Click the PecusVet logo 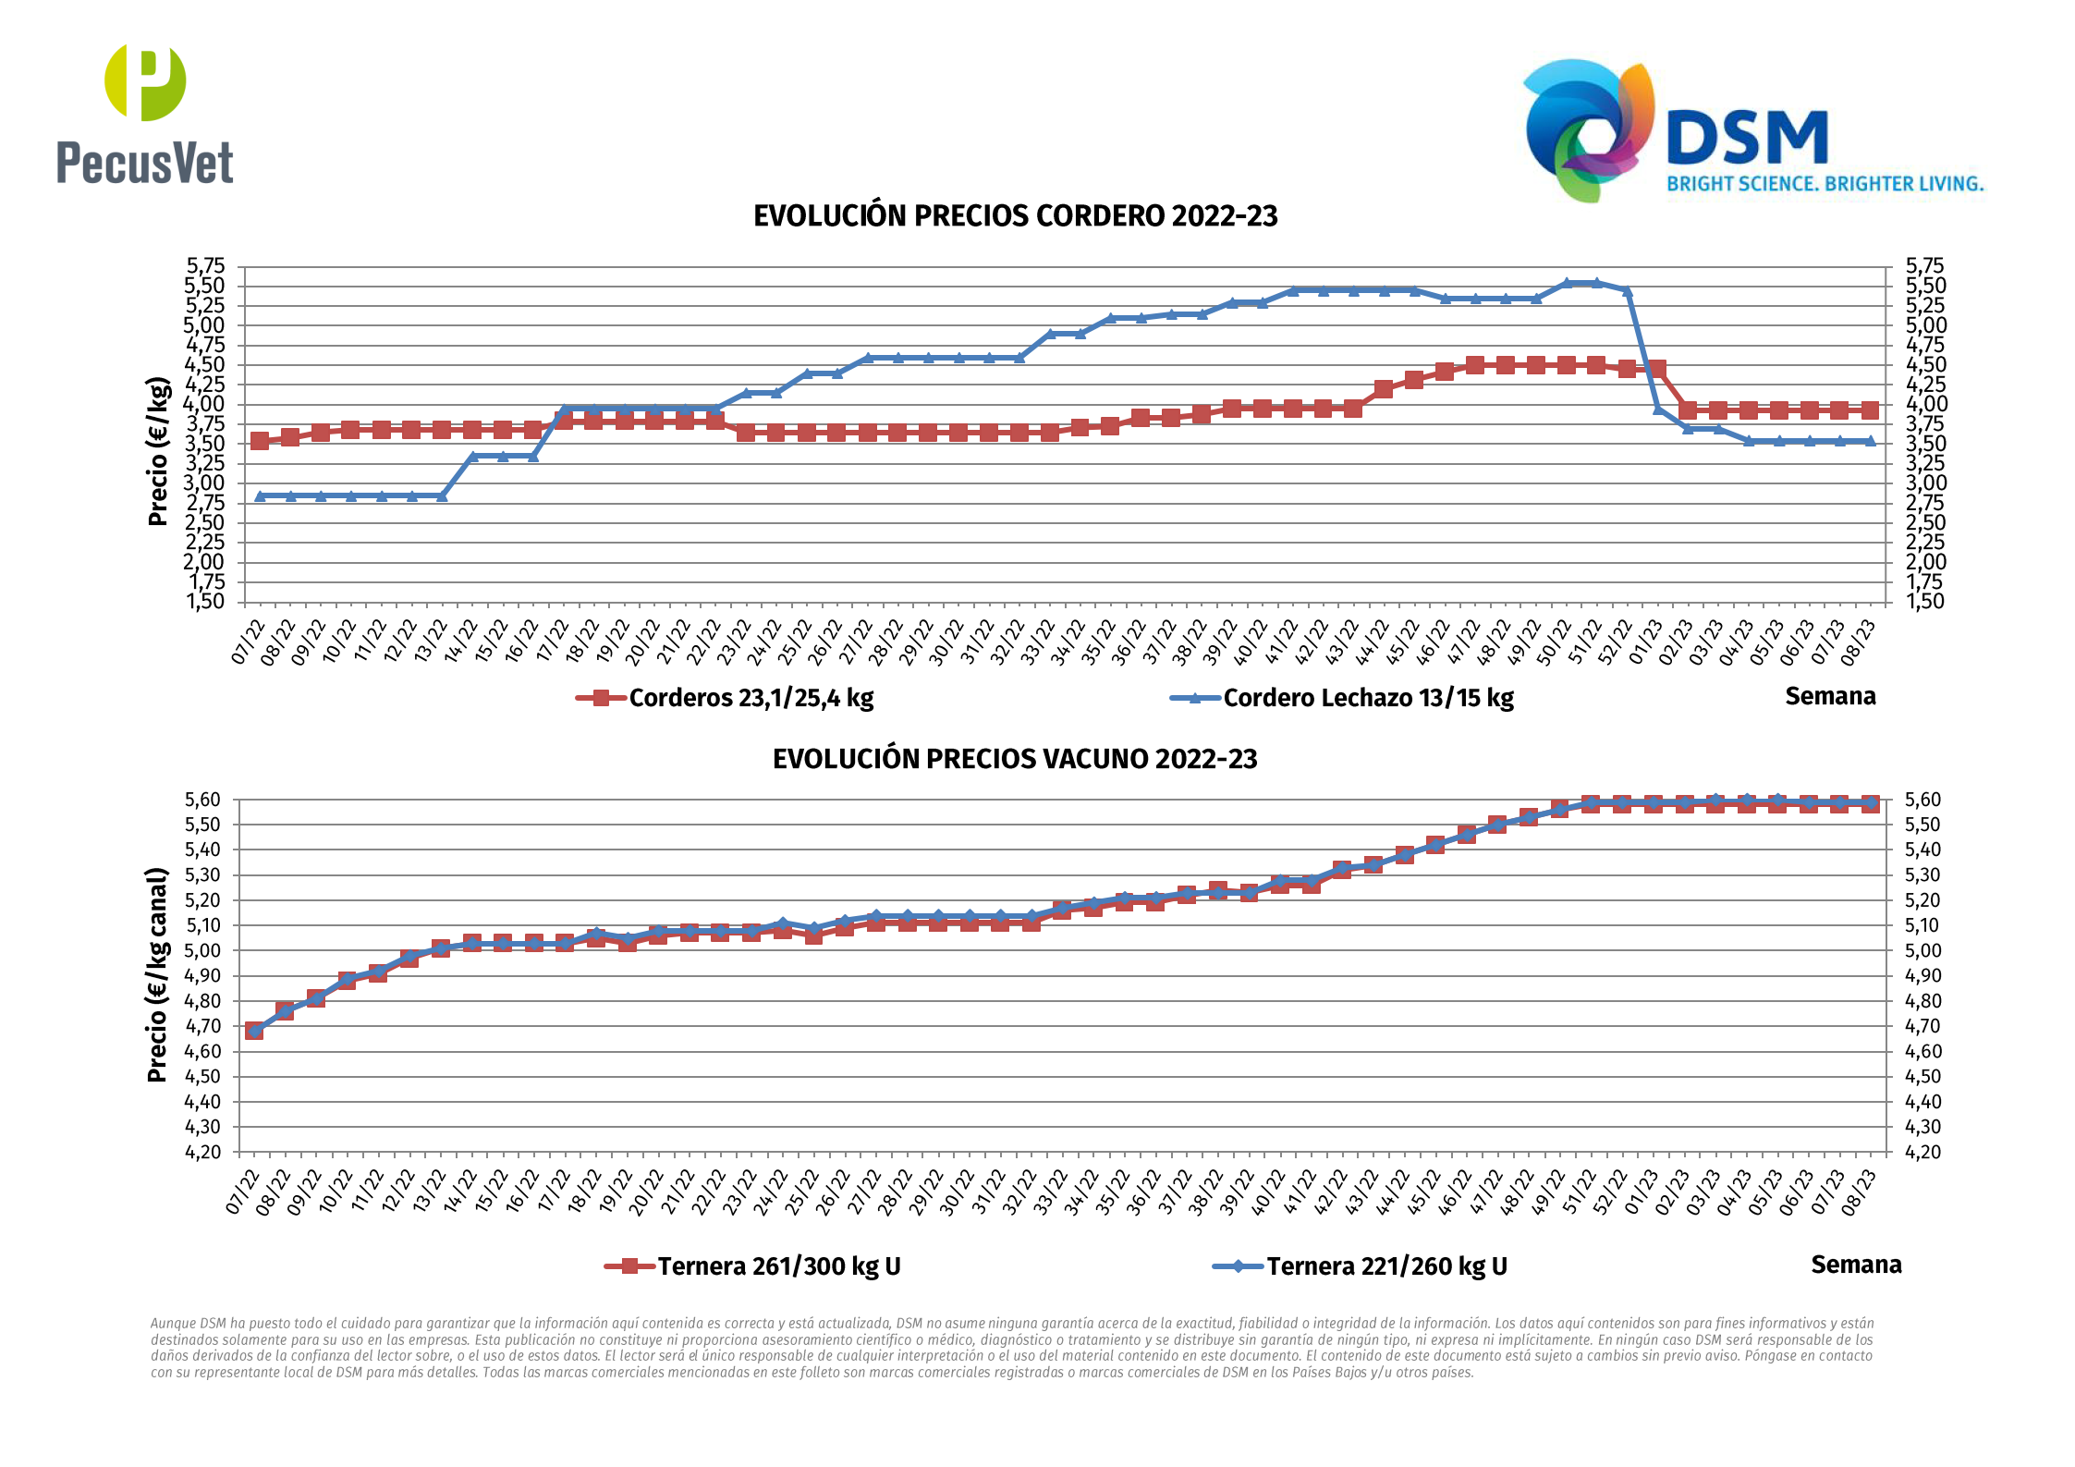(145, 114)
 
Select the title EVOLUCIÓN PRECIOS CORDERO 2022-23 (1015, 216)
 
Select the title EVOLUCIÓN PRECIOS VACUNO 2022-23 (1015, 759)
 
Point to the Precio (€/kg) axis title (158, 451)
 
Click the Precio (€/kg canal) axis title (158, 974)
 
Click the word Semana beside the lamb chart (1830, 696)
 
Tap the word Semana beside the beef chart (1856, 1265)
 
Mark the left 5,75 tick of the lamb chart (205, 266)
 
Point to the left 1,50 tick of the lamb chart (205, 602)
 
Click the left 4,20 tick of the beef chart (203, 1152)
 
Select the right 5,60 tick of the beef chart (1922, 800)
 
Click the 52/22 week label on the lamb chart (1614, 641)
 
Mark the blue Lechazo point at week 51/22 (1596, 283)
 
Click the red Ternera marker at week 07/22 (254, 1030)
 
